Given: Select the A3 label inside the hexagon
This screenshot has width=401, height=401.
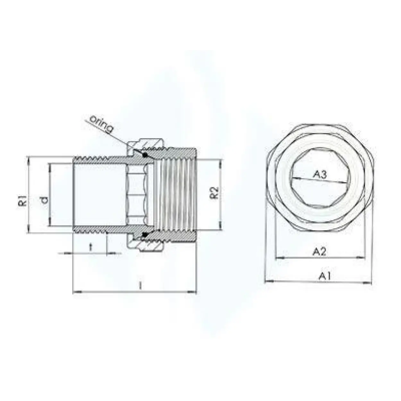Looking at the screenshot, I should [x=320, y=175].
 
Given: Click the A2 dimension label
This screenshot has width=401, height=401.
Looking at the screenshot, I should [x=319, y=252].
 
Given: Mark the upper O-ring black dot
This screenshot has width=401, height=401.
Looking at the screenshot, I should [x=145, y=155].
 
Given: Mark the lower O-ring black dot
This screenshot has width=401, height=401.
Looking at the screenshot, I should [x=145, y=235].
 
